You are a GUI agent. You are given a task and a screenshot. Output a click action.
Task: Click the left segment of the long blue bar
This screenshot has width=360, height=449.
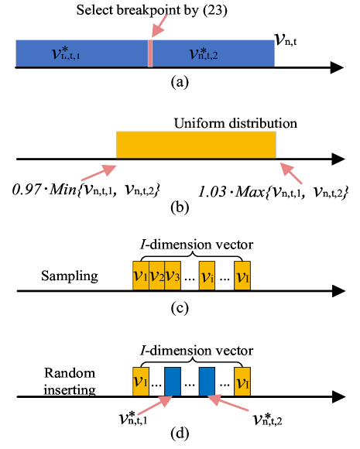point(81,53)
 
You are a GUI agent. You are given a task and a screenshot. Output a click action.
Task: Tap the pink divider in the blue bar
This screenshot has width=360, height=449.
point(149,53)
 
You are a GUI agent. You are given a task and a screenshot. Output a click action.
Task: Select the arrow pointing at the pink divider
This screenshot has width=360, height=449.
point(159,26)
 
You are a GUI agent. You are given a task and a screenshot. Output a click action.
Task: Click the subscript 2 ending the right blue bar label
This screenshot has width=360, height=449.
point(214,57)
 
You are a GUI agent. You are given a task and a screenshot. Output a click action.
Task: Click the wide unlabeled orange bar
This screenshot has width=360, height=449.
point(196,145)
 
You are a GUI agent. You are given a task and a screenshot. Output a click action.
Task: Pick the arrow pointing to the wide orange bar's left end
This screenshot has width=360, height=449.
point(98,173)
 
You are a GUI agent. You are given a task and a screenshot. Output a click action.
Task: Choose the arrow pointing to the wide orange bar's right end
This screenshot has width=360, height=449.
point(291,173)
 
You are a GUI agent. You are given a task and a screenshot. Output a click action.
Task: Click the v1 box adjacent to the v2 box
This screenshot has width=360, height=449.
point(140,276)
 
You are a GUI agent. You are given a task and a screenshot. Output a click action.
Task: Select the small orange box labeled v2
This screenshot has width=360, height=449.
point(156,276)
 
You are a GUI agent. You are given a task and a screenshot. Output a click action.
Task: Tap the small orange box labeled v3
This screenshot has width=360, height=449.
point(172,276)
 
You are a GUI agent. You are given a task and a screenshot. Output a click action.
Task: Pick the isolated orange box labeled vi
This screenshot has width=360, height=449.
point(207,276)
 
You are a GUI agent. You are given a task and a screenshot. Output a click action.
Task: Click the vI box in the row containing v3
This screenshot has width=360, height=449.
point(242,276)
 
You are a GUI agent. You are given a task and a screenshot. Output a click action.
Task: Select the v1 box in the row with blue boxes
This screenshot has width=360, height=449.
point(140,382)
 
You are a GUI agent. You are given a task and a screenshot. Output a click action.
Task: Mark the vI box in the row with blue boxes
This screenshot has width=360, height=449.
point(242,382)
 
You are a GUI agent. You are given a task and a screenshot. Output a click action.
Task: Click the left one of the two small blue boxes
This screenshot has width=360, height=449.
point(173,382)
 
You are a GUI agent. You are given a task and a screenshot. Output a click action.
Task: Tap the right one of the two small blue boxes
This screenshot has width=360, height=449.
point(207,382)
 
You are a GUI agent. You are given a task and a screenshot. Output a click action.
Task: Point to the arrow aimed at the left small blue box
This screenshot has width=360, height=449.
point(154,406)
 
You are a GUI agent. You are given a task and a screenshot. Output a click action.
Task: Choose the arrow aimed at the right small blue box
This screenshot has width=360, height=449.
point(228,403)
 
